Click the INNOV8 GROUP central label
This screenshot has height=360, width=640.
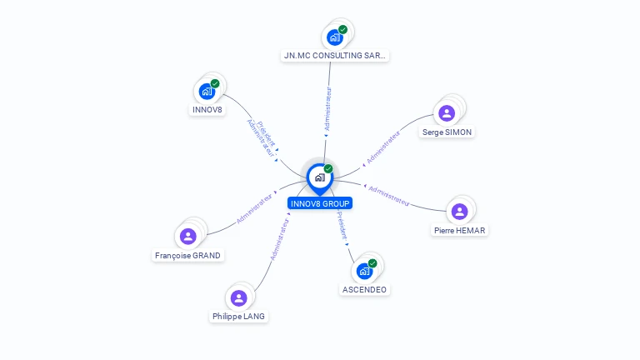[x=320, y=203]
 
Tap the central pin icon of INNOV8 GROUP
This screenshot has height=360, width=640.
[x=319, y=177]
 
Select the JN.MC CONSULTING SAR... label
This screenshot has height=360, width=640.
[x=334, y=56]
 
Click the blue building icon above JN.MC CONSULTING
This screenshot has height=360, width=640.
[x=334, y=37]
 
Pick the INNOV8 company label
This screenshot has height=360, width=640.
[x=207, y=109]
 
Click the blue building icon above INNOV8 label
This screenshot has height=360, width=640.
[x=207, y=91]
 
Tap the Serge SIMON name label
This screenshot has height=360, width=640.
[x=447, y=132]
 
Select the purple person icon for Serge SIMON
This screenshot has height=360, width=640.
[x=447, y=113]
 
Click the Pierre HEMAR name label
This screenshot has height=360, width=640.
[x=459, y=230]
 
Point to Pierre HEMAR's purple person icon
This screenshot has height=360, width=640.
[x=459, y=212]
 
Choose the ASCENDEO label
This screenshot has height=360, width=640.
[x=364, y=289]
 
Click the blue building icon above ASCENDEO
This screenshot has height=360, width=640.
[x=364, y=271]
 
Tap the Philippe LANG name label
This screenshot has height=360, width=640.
[x=239, y=316]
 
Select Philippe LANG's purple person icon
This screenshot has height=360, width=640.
[x=239, y=297]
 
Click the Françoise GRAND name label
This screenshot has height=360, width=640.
[x=188, y=255]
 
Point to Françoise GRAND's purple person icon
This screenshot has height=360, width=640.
[x=188, y=237]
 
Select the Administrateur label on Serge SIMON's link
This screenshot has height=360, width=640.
[x=383, y=145]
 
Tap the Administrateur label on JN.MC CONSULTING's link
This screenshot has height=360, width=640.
[x=327, y=110]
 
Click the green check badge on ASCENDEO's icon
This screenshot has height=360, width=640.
[x=372, y=263]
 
